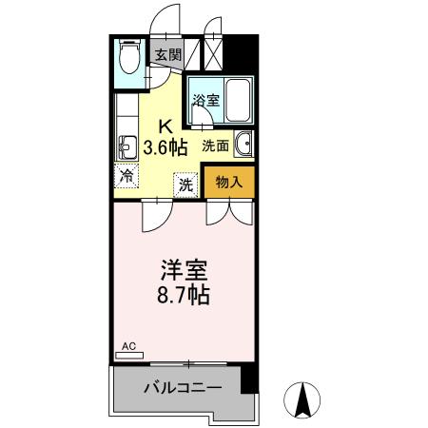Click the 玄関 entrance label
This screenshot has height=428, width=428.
coord(169,55)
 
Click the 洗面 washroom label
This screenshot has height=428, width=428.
coord(215,146)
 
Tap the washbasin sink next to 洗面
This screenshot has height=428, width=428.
coord(243,145)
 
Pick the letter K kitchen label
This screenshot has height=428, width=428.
coord(165,125)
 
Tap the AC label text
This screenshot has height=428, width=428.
coord(128,347)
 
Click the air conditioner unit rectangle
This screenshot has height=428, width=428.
coord(128,356)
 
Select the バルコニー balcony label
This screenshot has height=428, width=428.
coord(183,389)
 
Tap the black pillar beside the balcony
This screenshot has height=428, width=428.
coord(249,378)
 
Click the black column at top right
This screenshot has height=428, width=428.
coord(245,51)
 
